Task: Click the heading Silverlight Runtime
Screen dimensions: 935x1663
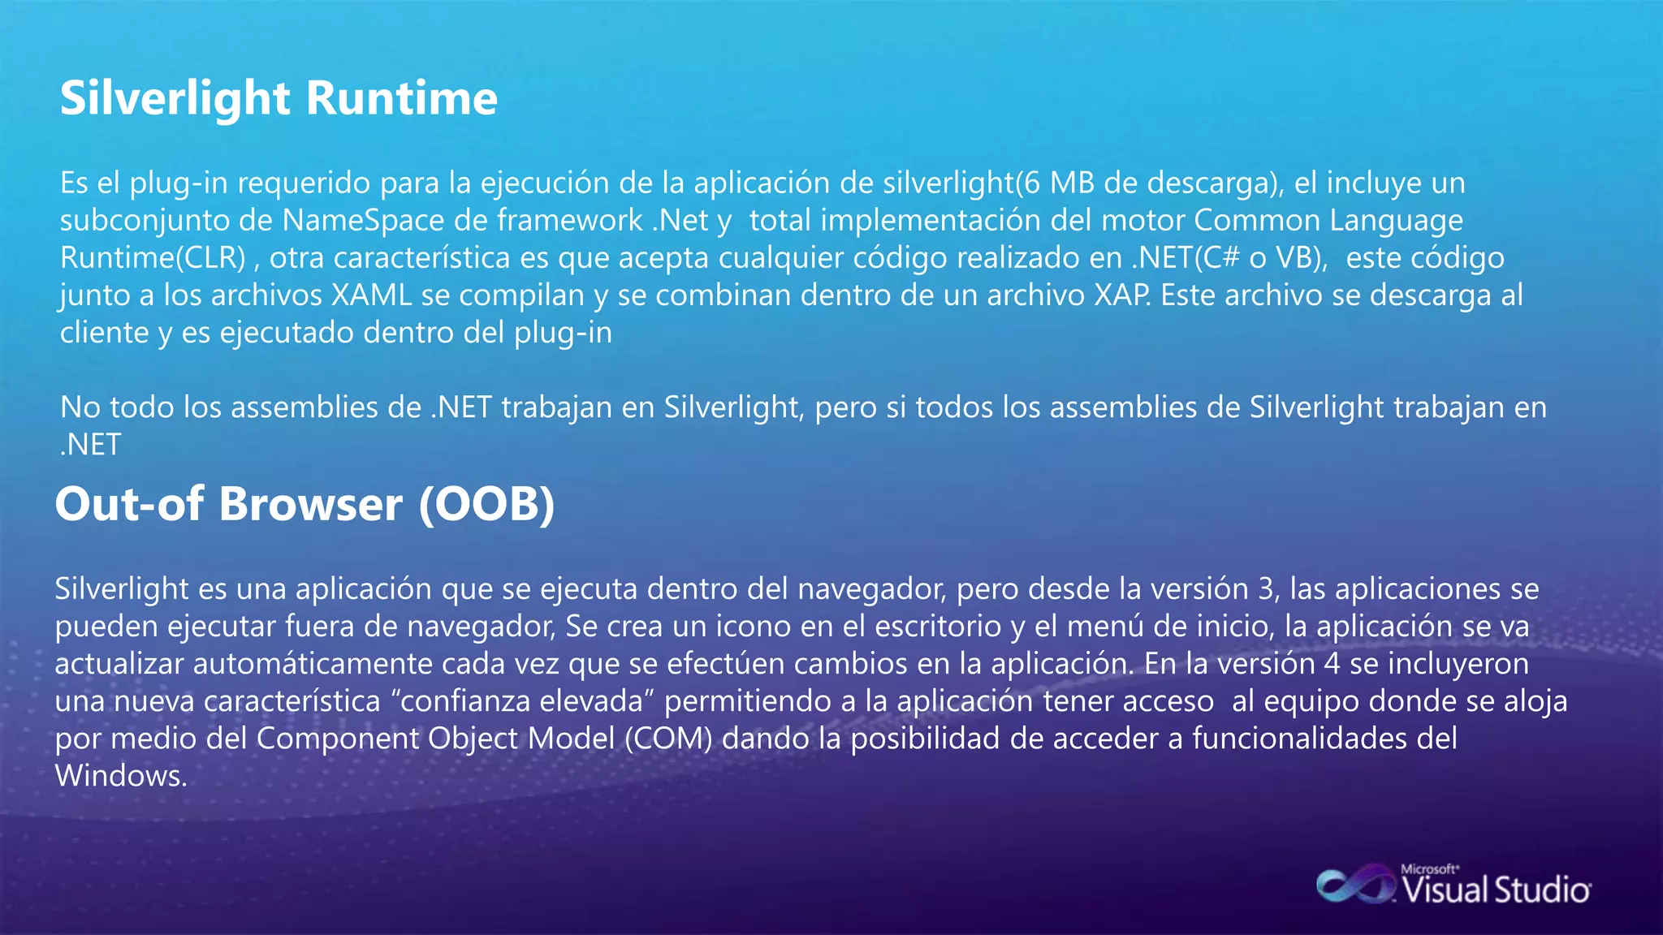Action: click(x=279, y=99)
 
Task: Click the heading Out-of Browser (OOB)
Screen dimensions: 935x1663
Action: click(x=305, y=504)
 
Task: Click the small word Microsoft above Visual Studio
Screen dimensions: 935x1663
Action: click(x=1429, y=869)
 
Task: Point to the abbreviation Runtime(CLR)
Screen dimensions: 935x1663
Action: click(x=153, y=258)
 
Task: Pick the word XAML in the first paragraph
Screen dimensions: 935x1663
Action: click(x=372, y=295)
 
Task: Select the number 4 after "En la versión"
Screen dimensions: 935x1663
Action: click(x=1332, y=664)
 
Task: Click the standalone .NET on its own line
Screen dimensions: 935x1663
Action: click(x=91, y=445)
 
